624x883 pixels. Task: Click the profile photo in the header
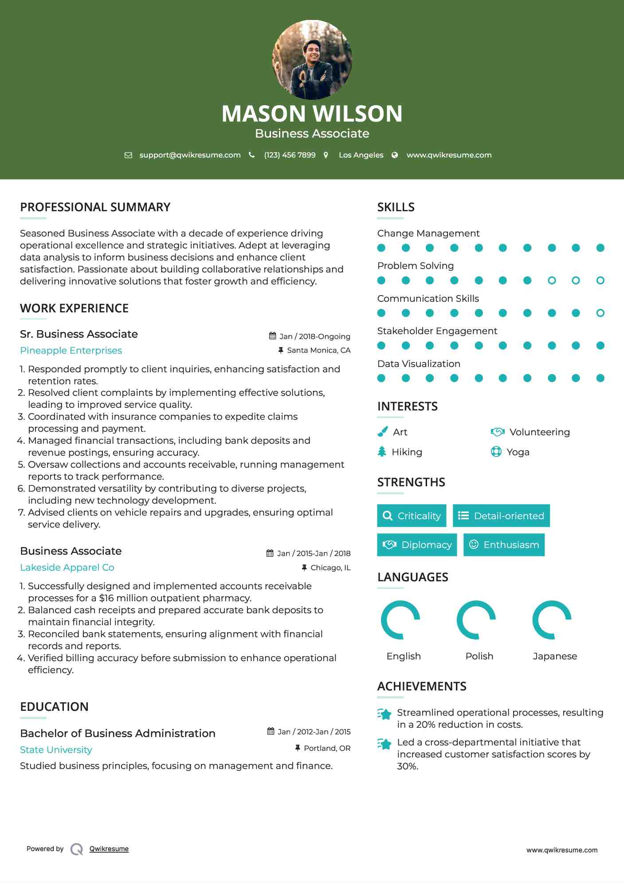coord(312,60)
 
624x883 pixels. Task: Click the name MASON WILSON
coord(312,114)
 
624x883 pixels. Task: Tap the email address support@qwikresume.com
coord(190,155)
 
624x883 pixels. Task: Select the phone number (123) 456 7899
coord(290,155)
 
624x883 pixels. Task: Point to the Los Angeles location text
coord(361,155)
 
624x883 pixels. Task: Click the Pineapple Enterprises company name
coord(71,351)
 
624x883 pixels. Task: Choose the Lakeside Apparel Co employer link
coord(67,568)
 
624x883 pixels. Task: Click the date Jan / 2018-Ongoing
coord(314,336)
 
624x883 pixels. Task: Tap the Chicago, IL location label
coord(330,568)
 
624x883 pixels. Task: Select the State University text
coord(56,750)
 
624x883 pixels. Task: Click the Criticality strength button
coord(412,516)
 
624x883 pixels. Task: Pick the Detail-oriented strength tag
coord(501,516)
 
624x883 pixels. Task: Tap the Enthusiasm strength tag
coord(504,545)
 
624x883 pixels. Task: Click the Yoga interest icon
coord(496,452)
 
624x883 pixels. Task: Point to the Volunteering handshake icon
coord(497,432)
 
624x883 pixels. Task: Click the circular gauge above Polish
coord(476,620)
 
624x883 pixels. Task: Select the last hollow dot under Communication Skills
coord(600,313)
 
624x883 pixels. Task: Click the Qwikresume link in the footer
coord(109,849)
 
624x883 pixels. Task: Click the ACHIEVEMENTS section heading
coord(421,686)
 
